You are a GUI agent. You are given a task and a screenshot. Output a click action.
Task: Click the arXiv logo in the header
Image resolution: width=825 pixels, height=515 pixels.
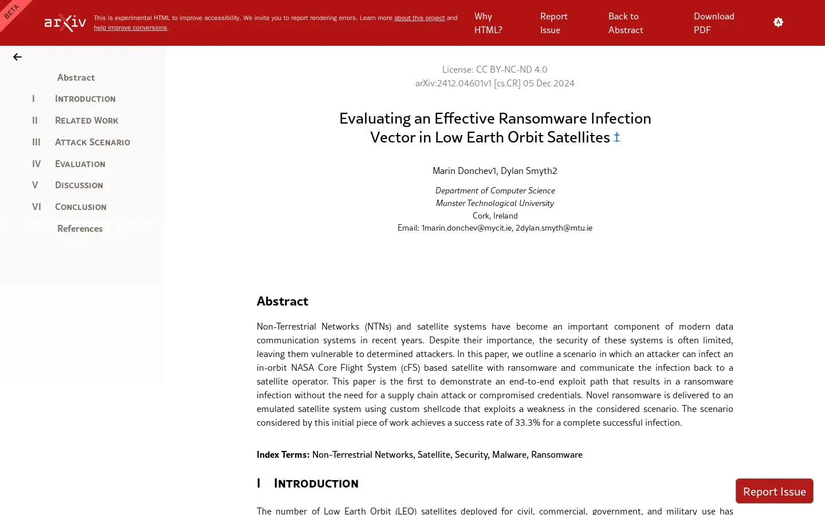pyautogui.click(x=65, y=23)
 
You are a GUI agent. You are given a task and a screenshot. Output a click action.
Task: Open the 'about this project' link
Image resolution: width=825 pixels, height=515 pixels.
pyautogui.click(x=419, y=18)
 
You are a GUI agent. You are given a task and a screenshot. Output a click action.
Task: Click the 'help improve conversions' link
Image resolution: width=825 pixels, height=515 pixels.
pyautogui.click(x=130, y=27)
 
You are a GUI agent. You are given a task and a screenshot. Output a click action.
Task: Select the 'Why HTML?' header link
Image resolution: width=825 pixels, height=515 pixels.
pyautogui.click(x=488, y=23)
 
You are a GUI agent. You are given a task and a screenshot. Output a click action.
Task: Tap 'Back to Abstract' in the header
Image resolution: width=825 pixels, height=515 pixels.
pyautogui.click(x=625, y=23)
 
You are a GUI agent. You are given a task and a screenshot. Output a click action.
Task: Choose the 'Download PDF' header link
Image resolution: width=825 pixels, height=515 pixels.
pyautogui.click(x=713, y=23)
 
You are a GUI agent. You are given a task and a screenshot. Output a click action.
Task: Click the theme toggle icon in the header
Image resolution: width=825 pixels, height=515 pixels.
pyautogui.click(x=778, y=22)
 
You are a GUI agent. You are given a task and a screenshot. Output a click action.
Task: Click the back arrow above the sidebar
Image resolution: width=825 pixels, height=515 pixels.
pyautogui.click(x=17, y=57)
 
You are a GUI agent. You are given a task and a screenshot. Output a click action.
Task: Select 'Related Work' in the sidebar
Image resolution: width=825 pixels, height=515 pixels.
pyautogui.click(x=87, y=120)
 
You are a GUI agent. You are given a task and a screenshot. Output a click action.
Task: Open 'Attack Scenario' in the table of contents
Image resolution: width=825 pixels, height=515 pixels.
pyautogui.click(x=92, y=142)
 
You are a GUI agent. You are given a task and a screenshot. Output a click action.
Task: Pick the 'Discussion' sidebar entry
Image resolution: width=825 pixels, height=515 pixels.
pyautogui.click(x=79, y=185)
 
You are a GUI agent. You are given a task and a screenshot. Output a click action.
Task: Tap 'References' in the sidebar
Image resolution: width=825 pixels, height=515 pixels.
pyautogui.click(x=80, y=228)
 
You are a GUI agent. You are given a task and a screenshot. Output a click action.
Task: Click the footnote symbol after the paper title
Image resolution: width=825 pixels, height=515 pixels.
pyautogui.click(x=616, y=137)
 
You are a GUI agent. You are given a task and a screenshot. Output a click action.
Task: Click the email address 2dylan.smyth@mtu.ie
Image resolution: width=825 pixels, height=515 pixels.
pyautogui.click(x=553, y=228)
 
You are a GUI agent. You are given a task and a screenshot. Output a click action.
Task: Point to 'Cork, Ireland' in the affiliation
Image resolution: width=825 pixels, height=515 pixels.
pyautogui.click(x=495, y=216)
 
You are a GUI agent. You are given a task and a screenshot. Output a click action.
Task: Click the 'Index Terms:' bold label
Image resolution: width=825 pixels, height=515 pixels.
pyautogui.click(x=283, y=454)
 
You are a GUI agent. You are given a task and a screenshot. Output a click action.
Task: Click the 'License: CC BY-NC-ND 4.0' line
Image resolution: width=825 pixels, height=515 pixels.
pyautogui.click(x=494, y=69)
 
